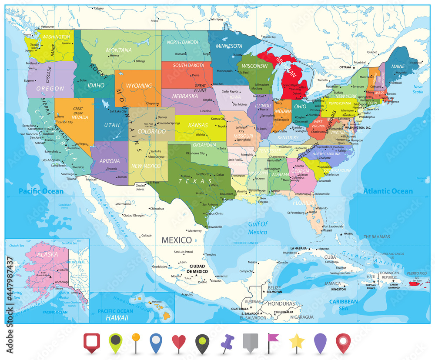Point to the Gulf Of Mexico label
pyautogui.click(x=258, y=228)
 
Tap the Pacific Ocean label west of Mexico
pyautogui.click(x=38, y=191)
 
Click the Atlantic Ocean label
pyautogui.click(x=388, y=191)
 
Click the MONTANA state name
pyautogui.click(x=119, y=50)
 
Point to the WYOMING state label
pyautogui.click(x=139, y=86)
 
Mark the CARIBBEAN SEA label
pyautogui.click(x=343, y=305)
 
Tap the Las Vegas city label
pyautogui.click(x=83, y=144)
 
